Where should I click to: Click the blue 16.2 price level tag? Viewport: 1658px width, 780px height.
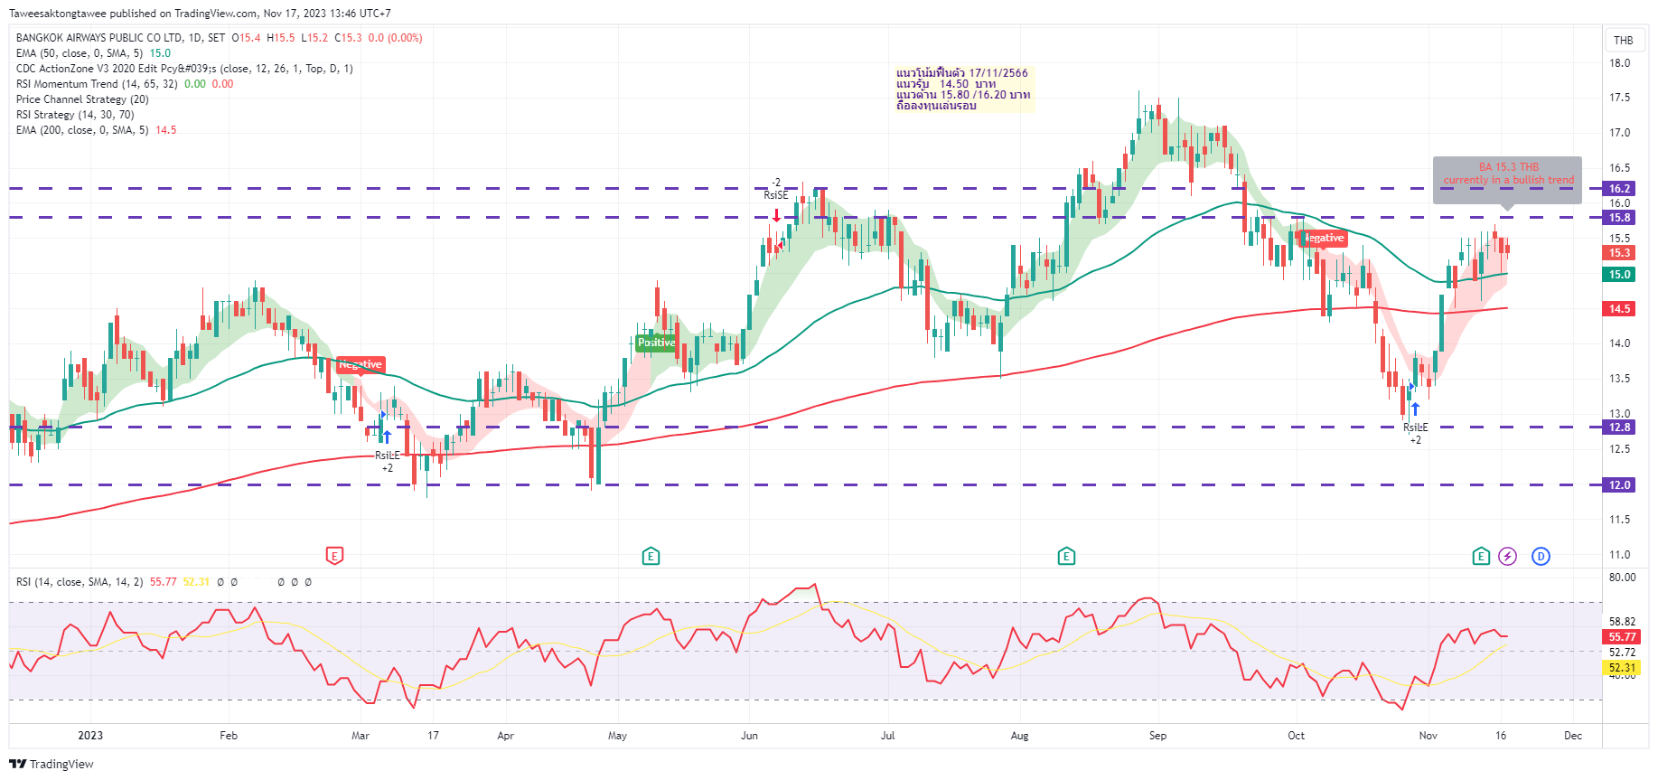[1619, 189]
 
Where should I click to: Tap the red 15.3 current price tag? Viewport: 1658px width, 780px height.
[1619, 253]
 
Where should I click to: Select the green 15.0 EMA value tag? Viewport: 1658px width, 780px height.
[1619, 275]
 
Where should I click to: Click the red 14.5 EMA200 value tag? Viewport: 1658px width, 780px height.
[1619, 309]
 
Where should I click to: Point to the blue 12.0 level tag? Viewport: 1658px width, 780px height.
[1619, 485]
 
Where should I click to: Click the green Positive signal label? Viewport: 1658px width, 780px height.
[656, 343]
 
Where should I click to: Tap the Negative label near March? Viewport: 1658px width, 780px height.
[361, 364]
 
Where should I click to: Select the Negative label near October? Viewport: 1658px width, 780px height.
[1324, 238]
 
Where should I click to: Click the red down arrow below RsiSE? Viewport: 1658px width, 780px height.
[776, 216]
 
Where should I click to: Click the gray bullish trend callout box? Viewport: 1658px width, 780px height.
[1507, 179]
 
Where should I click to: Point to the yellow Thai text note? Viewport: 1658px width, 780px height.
[962, 89]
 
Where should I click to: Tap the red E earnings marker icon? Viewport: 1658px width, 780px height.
[334, 556]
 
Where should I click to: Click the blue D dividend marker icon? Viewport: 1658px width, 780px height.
[1541, 556]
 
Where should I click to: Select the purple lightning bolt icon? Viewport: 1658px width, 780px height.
[1507, 556]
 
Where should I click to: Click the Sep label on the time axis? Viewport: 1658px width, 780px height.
[1157, 736]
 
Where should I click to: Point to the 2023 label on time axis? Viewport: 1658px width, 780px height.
[90, 736]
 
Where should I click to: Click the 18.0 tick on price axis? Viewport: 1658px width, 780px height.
[1619, 63]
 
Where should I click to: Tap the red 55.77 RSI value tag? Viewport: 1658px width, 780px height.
[1622, 637]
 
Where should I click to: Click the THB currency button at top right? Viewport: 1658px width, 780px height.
[1623, 40]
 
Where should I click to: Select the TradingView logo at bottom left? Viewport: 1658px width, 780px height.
[52, 764]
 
